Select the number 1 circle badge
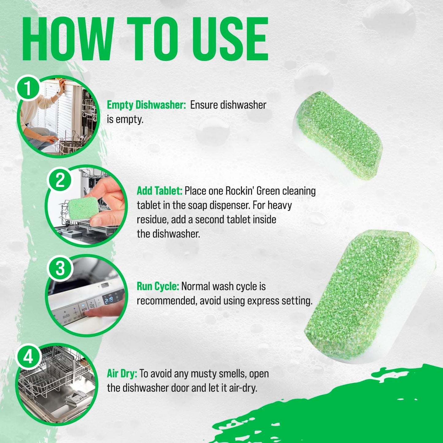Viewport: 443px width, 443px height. (x=28, y=88)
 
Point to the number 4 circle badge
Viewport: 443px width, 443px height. (x=28, y=357)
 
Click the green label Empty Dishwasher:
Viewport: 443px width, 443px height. (x=146, y=105)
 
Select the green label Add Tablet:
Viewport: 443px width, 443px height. (x=159, y=191)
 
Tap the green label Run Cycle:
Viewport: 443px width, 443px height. (x=158, y=286)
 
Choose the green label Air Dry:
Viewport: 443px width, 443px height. (x=122, y=374)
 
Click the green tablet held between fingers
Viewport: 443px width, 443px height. (x=83, y=209)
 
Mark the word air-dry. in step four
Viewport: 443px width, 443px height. (x=243, y=388)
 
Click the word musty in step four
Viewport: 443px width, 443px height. (x=203, y=374)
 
